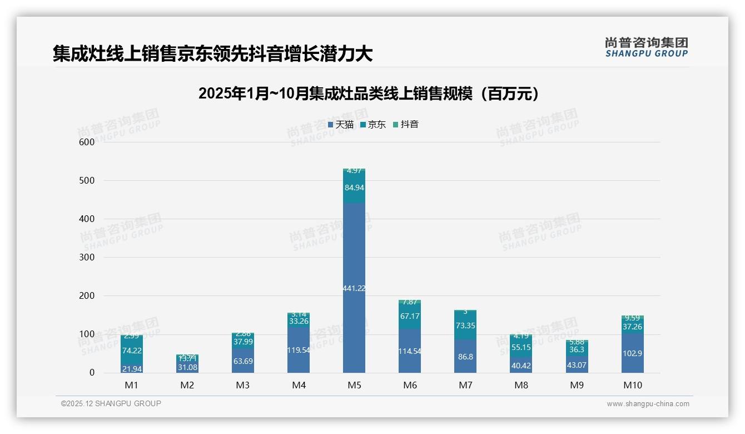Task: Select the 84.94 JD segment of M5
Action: (x=354, y=188)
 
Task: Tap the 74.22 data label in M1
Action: (x=132, y=350)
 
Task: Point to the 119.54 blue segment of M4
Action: (x=299, y=351)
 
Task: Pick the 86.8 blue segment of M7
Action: (x=465, y=357)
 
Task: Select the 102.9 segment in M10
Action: (x=632, y=353)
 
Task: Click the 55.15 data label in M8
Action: (x=521, y=347)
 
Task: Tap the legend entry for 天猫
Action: (x=341, y=125)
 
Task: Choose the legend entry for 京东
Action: (x=373, y=125)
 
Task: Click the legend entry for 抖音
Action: (x=406, y=125)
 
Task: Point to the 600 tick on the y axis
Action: (x=87, y=142)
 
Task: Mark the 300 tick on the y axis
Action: (x=87, y=257)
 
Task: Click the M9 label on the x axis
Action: (x=577, y=385)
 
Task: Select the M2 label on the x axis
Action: (x=187, y=385)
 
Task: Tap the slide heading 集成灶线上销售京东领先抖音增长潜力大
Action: (x=212, y=54)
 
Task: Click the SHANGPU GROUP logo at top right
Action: (x=646, y=47)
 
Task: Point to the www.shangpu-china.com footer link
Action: (x=648, y=404)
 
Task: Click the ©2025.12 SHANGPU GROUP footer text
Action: (x=111, y=403)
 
